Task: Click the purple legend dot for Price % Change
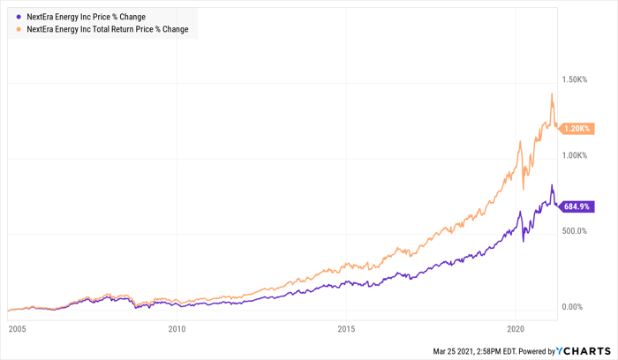19,17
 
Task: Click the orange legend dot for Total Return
19,29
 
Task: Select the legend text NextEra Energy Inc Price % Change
86,17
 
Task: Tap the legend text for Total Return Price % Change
107,29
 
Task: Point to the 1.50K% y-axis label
574,79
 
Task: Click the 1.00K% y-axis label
574,155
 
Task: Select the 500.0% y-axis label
574,231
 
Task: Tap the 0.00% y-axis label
572,307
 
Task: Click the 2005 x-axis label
18,329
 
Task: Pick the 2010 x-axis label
177,329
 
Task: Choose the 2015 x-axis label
346,329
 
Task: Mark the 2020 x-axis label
516,329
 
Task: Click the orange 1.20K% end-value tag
577,129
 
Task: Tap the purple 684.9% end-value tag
577,206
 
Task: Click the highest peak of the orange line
552,94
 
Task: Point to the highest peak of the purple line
552,184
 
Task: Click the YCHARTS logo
584,351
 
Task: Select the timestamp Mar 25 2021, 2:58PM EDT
475,351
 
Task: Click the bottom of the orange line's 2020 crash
524,190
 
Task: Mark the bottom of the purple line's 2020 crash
524,242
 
